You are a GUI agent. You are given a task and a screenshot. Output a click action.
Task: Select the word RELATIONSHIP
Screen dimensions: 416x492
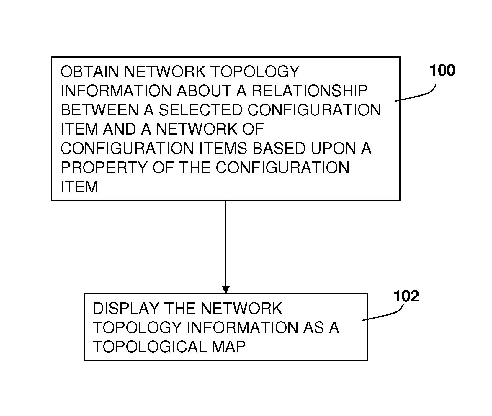click(310, 91)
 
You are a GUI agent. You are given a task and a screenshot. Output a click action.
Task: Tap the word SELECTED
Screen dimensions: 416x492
click(200, 110)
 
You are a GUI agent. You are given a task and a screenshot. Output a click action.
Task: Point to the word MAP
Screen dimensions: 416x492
click(229, 347)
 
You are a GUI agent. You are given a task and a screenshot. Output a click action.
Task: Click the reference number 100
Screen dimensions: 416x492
click(442, 71)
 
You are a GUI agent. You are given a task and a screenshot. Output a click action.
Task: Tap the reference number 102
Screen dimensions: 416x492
click(406, 296)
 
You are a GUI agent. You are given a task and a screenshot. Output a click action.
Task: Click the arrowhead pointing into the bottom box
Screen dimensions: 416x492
click(226, 290)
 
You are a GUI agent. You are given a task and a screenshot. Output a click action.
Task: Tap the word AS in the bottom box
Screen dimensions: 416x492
click(313, 328)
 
